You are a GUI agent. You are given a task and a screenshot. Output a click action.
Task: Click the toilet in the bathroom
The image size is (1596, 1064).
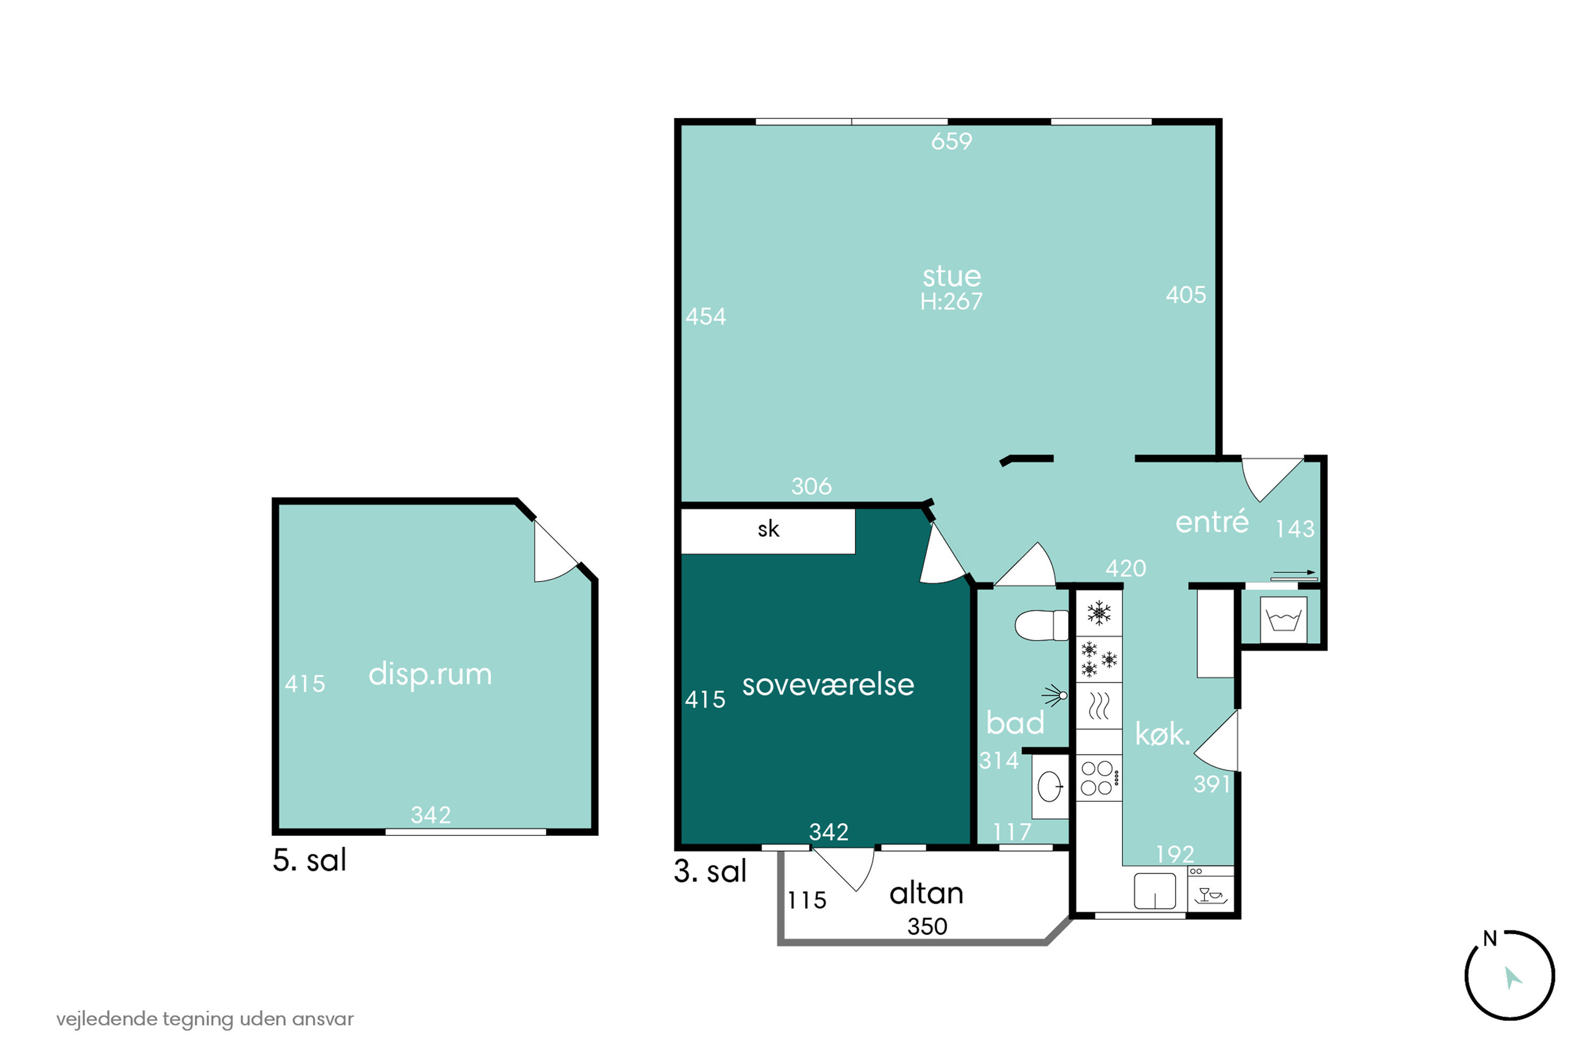[x=1041, y=625]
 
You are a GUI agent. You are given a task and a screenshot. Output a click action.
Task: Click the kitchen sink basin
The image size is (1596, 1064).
[x=1154, y=890]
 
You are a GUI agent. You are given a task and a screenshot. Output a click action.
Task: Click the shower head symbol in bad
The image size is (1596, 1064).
[x=1055, y=695]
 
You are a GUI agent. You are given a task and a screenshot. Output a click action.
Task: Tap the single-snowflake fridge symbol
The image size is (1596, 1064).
[x=1099, y=613]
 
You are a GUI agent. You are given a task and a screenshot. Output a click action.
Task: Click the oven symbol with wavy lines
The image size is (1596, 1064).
[x=1099, y=706]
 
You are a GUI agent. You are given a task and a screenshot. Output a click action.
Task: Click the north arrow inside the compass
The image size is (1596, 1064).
[x=1512, y=978]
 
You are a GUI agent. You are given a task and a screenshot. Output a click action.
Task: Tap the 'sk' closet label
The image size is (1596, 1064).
[x=768, y=529]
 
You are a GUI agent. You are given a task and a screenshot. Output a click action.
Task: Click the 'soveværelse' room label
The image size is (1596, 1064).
[x=828, y=685]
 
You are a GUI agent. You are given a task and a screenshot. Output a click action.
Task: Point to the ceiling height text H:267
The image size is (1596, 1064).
[x=951, y=301]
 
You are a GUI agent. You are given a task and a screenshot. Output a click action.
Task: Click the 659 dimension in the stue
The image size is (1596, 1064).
[x=951, y=141]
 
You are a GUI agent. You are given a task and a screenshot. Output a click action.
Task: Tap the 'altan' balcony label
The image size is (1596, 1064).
[x=926, y=894]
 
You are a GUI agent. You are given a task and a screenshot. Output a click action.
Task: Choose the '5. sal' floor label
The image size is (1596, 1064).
[x=310, y=860]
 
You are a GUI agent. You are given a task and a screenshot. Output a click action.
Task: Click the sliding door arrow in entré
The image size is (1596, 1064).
[x=1293, y=573]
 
